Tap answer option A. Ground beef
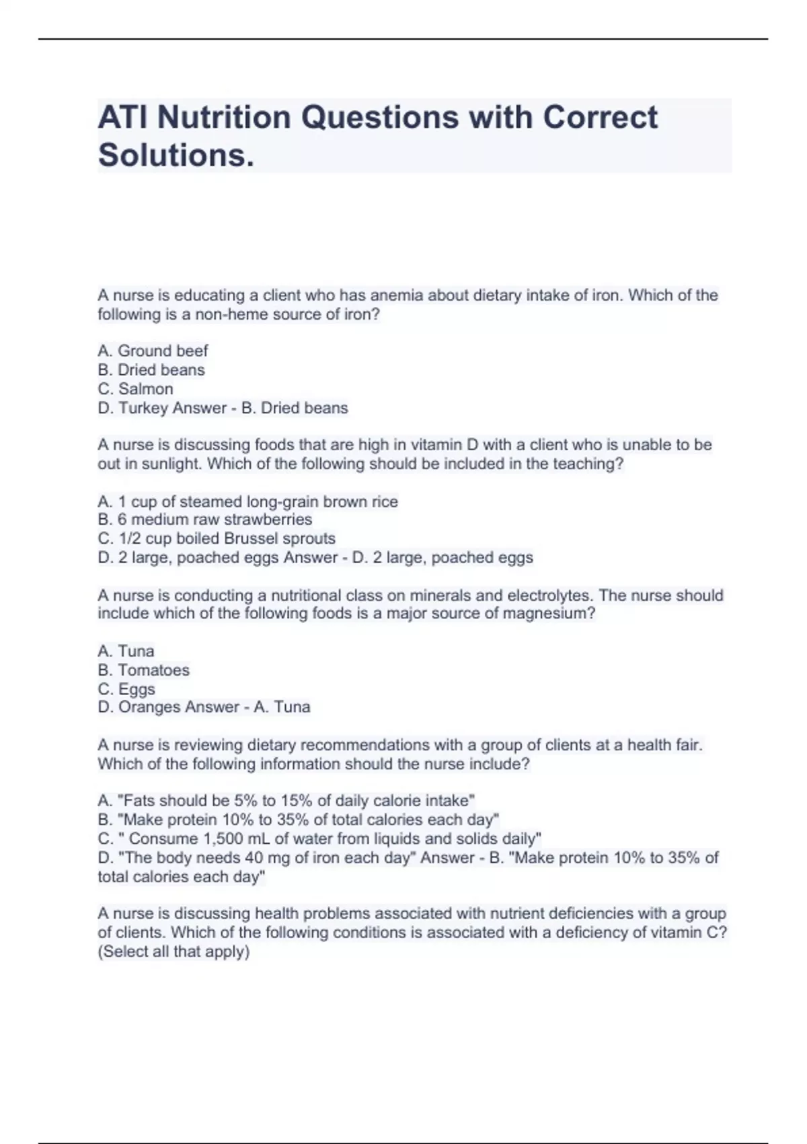coord(153,351)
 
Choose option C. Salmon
coord(135,389)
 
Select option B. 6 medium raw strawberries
coord(204,520)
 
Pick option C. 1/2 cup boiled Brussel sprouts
coord(216,538)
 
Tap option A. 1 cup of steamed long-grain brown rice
coord(247,501)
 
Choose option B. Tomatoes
coord(143,670)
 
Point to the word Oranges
coord(149,707)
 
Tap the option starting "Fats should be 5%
coord(286,801)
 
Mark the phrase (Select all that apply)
coord(174,952)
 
